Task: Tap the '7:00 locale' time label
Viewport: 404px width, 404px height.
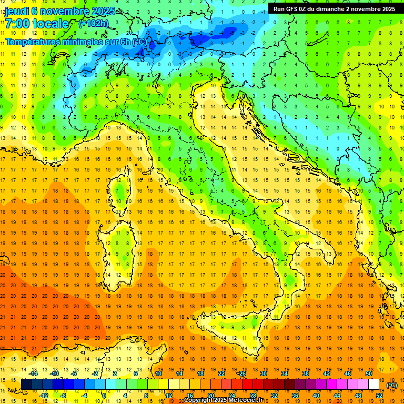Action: click(37, 24)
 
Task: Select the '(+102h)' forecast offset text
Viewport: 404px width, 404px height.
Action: click(94, 23)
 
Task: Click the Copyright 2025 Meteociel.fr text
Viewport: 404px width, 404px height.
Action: click(227, 400)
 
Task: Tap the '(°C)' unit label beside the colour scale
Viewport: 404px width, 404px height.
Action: click(392, 385)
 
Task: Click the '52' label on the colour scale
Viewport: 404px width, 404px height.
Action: click(379, 396)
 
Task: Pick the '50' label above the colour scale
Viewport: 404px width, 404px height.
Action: click(369, 373)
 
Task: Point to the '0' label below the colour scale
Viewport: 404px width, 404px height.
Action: click(104, 396)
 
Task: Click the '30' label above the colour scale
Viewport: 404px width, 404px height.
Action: click(263, 373)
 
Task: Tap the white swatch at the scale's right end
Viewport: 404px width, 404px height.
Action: click(374, 385)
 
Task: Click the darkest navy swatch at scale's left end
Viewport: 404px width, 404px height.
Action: click(26, 385)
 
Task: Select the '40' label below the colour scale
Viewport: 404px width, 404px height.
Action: click(316, 396)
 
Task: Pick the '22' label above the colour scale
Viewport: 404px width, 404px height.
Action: click(221, 373)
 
